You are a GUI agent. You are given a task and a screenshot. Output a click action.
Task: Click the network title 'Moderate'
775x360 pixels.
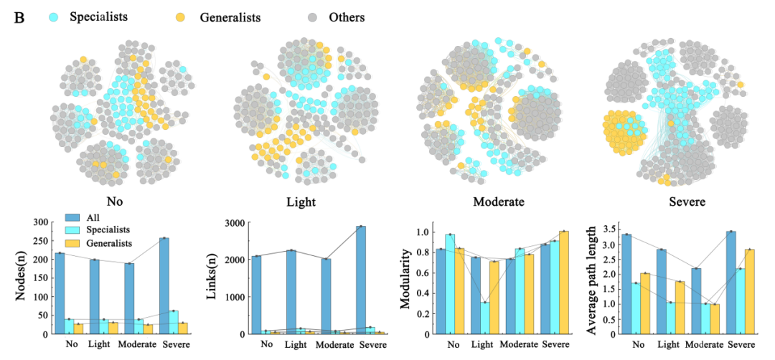coord(499,202)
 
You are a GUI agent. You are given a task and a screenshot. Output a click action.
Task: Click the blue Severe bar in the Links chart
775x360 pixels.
coord(360,280)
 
